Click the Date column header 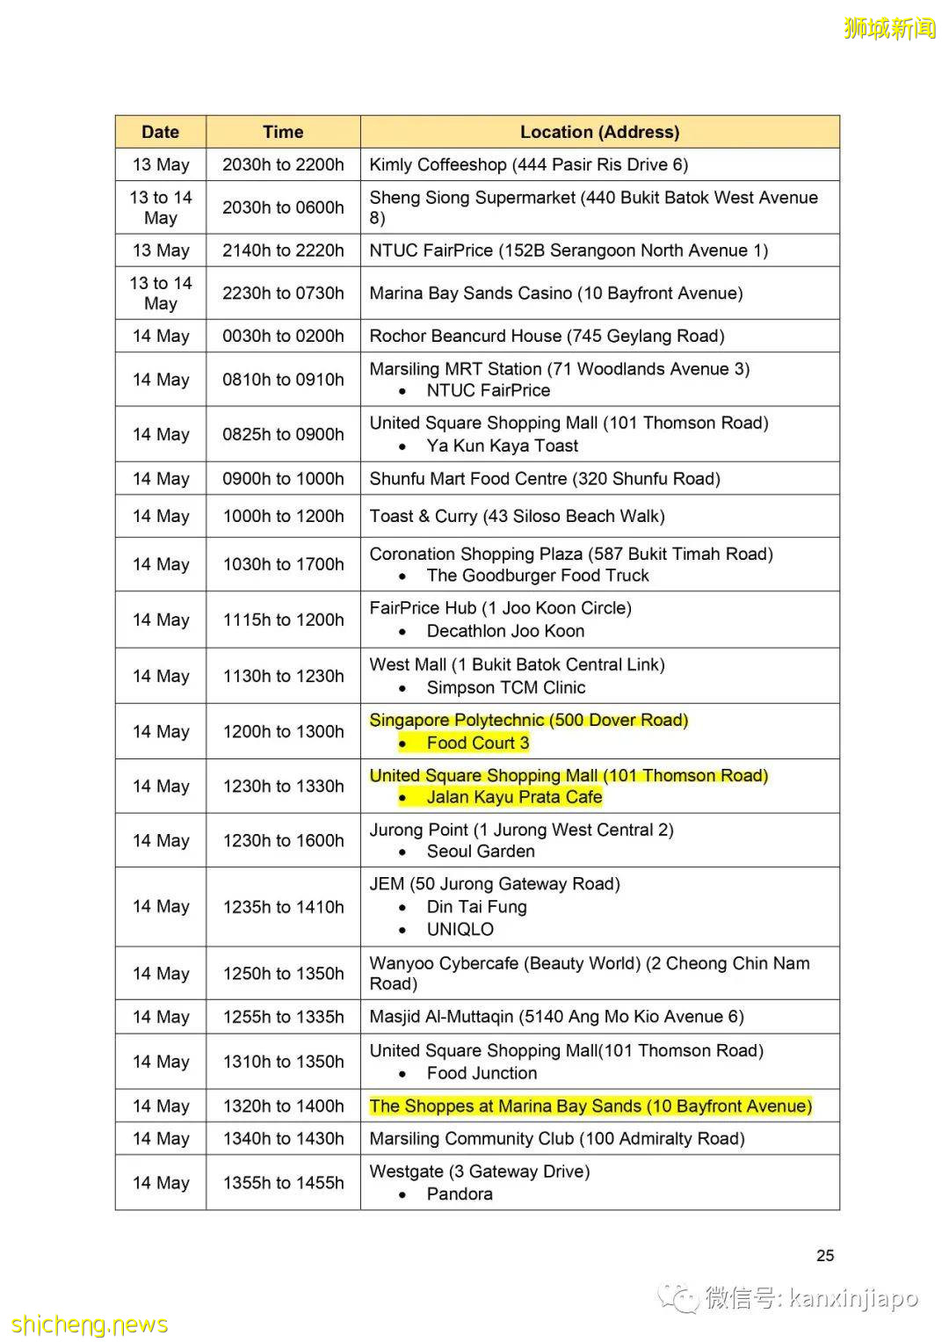(160, 132)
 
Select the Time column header (283, 132)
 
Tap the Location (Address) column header (599, 132)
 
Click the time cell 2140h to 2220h (283, 250)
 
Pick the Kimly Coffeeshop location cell (528, 164)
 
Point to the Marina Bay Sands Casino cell (555, 294)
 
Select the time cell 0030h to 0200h (283, 336)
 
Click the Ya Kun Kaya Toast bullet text (502, 446)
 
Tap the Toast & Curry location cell (517, 516)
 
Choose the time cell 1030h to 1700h (283, 564)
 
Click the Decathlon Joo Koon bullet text (505, 631)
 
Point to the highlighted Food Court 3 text (477, 744)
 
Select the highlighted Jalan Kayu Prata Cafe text (514, 798)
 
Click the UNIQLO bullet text (460, 930)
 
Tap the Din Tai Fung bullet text (476, 907)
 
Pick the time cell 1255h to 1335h (283, 1017)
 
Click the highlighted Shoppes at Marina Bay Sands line (590, 1106)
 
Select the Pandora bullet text (460, 1194)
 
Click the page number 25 (825, 1256)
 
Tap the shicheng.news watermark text (90, 1324)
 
